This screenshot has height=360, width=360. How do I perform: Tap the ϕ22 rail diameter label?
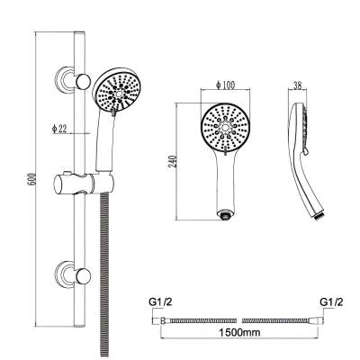coord(58,129)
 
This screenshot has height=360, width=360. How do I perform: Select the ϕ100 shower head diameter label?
coord(225,85)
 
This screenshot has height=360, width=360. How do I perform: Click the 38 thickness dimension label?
coord(298,85)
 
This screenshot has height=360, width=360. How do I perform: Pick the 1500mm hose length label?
coord(239,332)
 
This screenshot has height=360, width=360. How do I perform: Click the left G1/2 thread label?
coord(161,302)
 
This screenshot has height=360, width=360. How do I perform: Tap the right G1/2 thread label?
coord(331,301)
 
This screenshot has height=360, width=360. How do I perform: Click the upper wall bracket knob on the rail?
coord(83,81)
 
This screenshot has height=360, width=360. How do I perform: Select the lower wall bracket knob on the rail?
coord(83,275)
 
